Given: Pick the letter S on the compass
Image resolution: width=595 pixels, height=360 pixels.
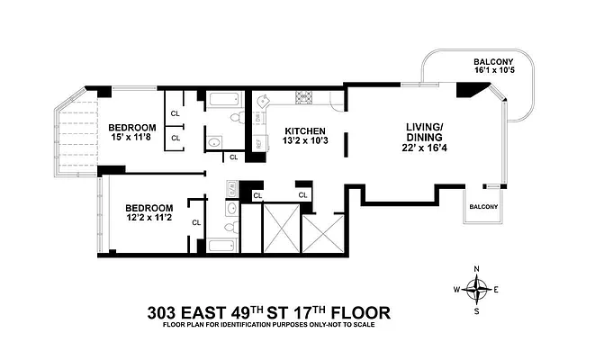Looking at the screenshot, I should [477, 310].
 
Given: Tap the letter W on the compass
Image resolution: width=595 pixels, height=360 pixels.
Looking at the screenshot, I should [456, 290].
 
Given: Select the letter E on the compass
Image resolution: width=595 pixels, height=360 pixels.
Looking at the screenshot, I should [497, 290].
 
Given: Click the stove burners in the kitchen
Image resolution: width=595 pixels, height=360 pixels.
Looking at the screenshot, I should [304, 99].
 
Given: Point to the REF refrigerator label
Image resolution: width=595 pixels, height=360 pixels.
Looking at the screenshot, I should [257, 142].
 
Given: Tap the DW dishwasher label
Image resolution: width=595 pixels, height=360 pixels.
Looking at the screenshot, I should [257, 115].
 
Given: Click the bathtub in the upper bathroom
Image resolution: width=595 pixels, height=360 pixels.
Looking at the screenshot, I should [222, 101].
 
